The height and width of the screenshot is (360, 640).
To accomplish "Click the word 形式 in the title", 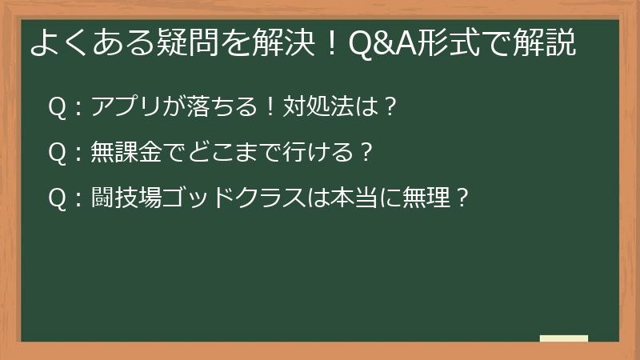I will pyautogui.click(x=454, y=43).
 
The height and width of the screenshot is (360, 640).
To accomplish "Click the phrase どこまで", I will pyautogui.click(x=210, y=151).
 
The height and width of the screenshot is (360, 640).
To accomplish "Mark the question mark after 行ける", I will pyautogui.click(x=366, y=151).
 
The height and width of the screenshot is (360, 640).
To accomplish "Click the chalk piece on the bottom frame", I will pyautogui.click(x=564, y=339).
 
